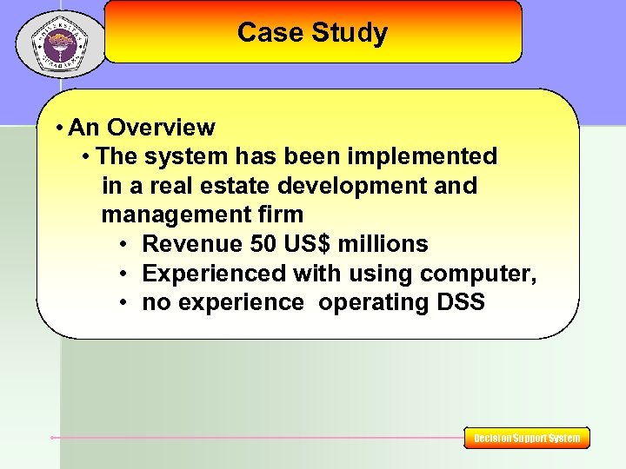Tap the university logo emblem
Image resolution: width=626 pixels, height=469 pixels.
(x=60, y=44)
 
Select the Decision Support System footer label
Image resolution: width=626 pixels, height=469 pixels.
(x=527, y=439)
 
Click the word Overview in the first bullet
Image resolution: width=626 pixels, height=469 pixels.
(x=162, y=128)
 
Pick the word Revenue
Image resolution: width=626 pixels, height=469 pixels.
(x=191, y=244)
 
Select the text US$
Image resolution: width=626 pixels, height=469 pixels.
(x=307, y=244)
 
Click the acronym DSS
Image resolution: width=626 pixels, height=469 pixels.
(x=459, y=303)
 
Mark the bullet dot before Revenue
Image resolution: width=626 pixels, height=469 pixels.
(x=125, y=245)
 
